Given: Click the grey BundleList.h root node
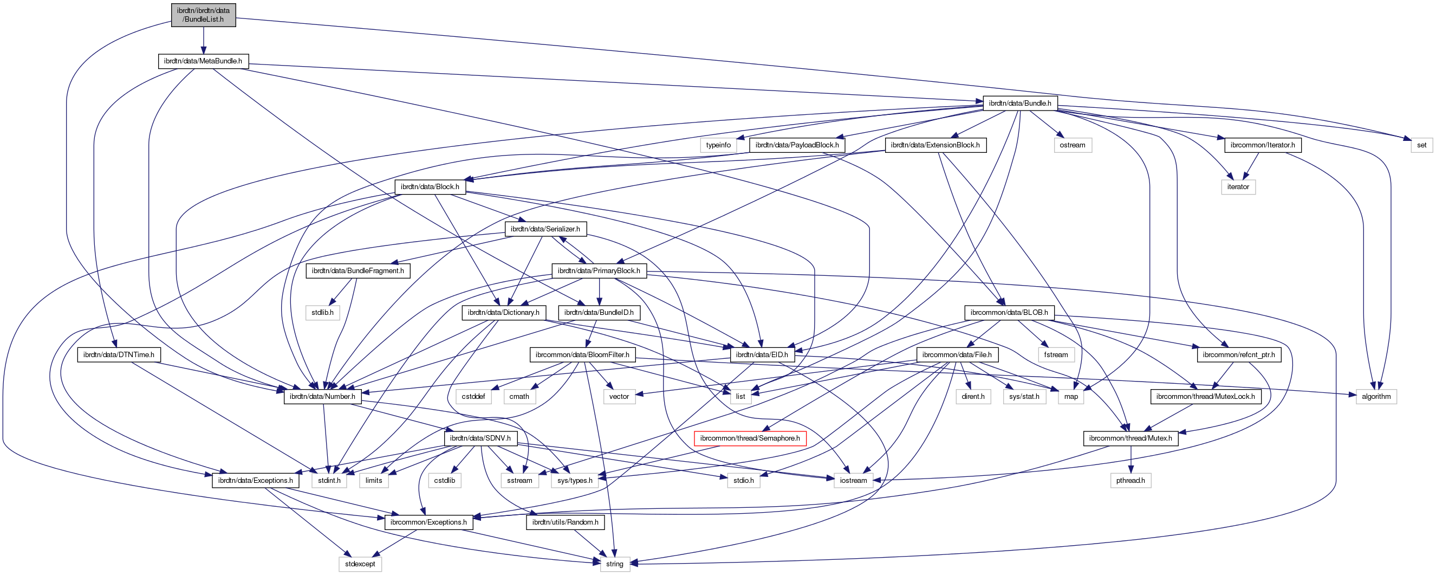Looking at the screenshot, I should point(203,15).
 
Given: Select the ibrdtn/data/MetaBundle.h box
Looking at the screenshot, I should point(203,61).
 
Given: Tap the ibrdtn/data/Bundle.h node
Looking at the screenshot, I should point(1019,103).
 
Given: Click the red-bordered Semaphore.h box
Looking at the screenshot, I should point(749,438).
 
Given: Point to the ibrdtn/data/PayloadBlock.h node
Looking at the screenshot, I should point(797,145).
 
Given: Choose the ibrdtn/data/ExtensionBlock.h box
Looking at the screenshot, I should point(935,145).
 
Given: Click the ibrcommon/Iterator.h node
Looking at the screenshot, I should point(1262,145).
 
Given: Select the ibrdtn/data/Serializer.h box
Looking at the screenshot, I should point(544,229).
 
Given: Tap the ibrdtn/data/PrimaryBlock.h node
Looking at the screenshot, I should point(599,270).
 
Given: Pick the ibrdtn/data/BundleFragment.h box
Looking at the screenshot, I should point(358,270).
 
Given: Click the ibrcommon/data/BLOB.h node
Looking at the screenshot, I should point(1009,312).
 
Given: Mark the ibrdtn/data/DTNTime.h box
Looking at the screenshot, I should point(119,355).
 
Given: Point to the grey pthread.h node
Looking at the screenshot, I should point(1130,480).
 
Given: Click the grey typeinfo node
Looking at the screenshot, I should point(718,145).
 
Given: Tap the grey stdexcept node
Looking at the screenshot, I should point(360,564).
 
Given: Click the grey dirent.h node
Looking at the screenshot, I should point(973,397).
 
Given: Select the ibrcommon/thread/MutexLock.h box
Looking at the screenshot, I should point(1205,397).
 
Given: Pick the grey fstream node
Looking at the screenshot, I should point(1056,355).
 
